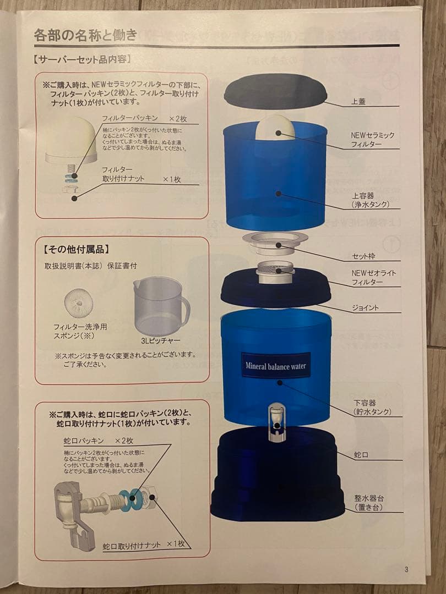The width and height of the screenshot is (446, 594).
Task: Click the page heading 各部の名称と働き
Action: [85, 36]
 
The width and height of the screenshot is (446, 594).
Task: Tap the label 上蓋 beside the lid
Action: [358, 102]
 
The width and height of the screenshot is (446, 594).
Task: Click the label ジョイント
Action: [365, 308]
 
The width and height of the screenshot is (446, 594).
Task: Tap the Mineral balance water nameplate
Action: [275, 366]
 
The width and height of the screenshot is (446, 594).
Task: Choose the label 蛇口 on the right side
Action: [361, 455]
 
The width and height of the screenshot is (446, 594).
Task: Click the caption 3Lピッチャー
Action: [160, 340]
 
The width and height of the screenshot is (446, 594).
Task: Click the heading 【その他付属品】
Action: [72, 249]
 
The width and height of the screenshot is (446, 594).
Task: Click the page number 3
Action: [406, 569]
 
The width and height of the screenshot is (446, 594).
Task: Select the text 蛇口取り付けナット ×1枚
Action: [145, 544]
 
